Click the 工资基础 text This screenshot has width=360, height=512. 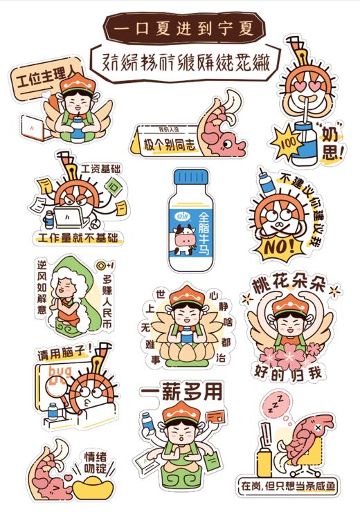[100, 168]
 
